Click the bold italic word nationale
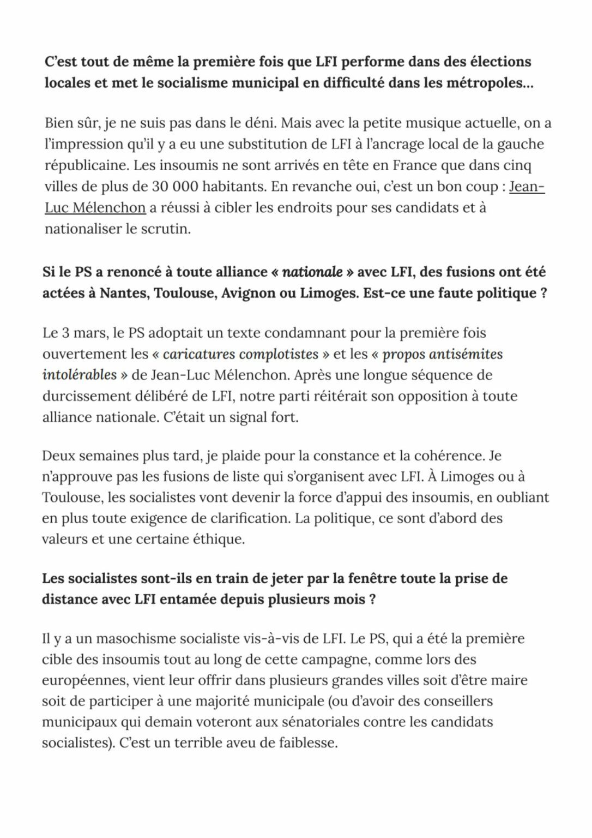pyautogui.click(x=312, y=272)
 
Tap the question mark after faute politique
pyautogui.click(x=543, y=294)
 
